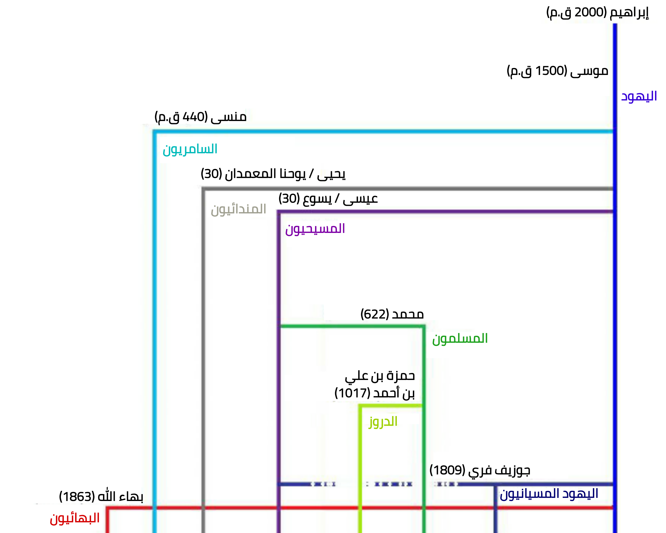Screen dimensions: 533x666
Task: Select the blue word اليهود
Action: (639, 96)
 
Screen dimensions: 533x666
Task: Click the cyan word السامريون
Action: (190, 149)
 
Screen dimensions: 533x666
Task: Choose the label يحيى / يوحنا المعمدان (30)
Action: (273, 174)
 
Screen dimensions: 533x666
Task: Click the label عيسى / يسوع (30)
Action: (328, 199)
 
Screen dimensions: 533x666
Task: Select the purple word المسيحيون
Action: (315, 229)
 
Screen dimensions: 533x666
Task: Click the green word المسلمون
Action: (460, 339)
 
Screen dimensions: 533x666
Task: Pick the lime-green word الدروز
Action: (383, 421)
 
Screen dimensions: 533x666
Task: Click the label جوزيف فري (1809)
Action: (480, 470)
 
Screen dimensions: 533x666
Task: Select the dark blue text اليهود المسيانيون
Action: (549, 493)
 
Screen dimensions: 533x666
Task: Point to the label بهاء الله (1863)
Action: (101, 497)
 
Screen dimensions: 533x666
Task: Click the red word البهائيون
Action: (74, 518)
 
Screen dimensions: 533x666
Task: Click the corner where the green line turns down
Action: (424, 326)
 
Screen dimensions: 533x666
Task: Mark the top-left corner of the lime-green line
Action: (360, 406)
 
